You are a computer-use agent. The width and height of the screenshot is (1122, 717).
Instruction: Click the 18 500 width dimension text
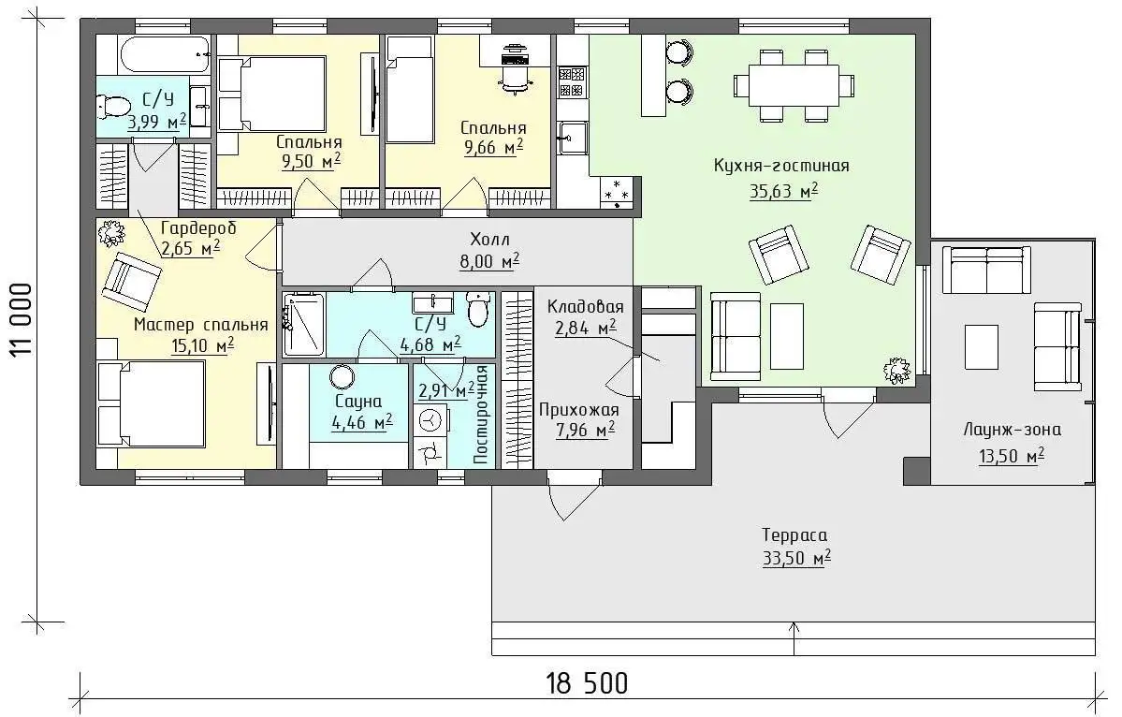click(x=588, y=682)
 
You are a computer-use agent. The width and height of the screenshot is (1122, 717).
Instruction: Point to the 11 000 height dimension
click(x=22, y=319)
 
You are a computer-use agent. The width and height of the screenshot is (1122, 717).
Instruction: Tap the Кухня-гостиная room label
click(x=781, y=166)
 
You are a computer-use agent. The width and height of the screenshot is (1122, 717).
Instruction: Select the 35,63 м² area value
click(x=783, y=191)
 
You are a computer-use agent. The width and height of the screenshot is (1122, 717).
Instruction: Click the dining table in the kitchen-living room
click(x=794, y=85)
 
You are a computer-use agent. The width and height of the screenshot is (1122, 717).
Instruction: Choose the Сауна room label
click(x=358, y=402)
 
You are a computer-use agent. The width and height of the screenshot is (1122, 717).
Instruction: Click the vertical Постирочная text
click(x=482, y=415)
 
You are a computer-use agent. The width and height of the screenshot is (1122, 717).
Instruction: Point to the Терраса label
click(x=794, y=535)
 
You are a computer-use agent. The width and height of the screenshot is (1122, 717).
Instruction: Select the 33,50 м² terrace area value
click(x=796, y=558)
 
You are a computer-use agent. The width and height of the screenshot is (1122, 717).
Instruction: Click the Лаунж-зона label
click(x=1012, y=430)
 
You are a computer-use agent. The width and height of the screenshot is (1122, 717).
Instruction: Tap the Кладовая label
click(x=585, y=307)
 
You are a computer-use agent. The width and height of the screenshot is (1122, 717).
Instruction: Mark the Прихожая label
click(x=579, y=411)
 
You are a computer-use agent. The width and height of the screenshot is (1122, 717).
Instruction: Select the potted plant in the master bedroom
click(x=111, y=233)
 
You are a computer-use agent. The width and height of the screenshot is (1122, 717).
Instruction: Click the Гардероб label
click(x=198, y=228)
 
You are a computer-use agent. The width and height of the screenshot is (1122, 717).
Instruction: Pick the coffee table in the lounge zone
click(x=981, y=347)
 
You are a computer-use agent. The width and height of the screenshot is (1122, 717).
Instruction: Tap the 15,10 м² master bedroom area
click(x=202, y=347)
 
